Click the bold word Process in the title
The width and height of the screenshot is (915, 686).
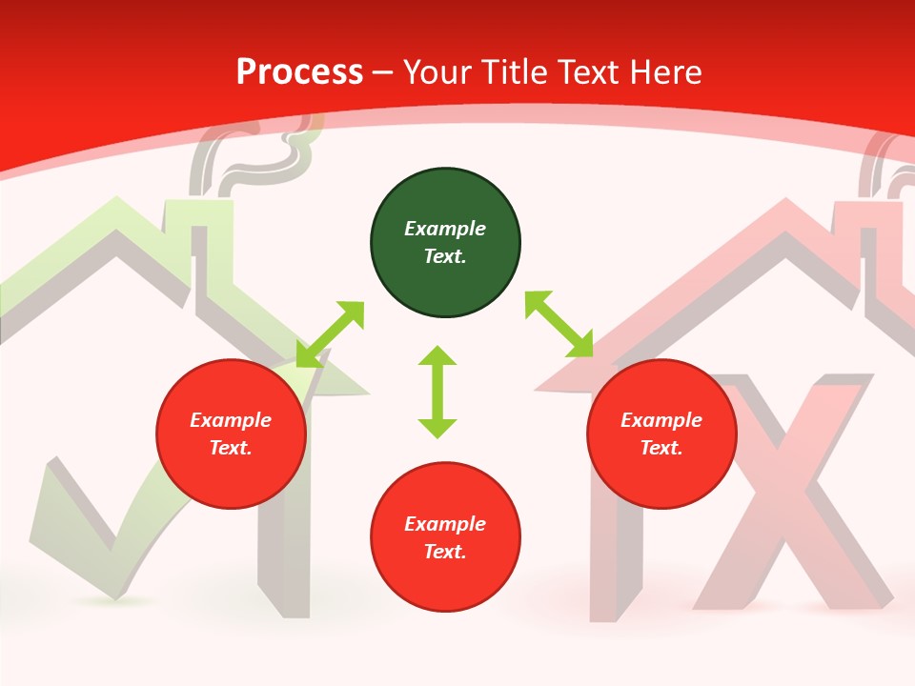299,71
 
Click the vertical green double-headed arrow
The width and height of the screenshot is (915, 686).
437,393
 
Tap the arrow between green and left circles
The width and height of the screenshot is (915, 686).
331,333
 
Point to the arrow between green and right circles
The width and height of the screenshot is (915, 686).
559,324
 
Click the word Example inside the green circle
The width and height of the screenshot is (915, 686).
445,229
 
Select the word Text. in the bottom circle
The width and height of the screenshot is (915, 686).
445,552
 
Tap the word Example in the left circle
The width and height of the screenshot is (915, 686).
231,420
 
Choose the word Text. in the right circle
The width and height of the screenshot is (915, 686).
661,448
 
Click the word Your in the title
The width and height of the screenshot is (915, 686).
437,71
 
